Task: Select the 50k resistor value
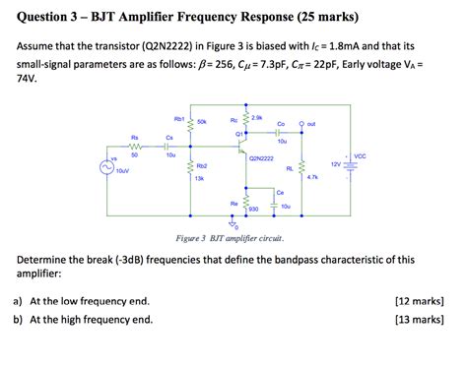202,122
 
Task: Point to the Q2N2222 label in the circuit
261,157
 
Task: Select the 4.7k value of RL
312,177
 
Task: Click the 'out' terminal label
310,125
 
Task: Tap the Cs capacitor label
169,137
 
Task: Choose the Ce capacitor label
280,192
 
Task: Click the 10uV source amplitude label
122,171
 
